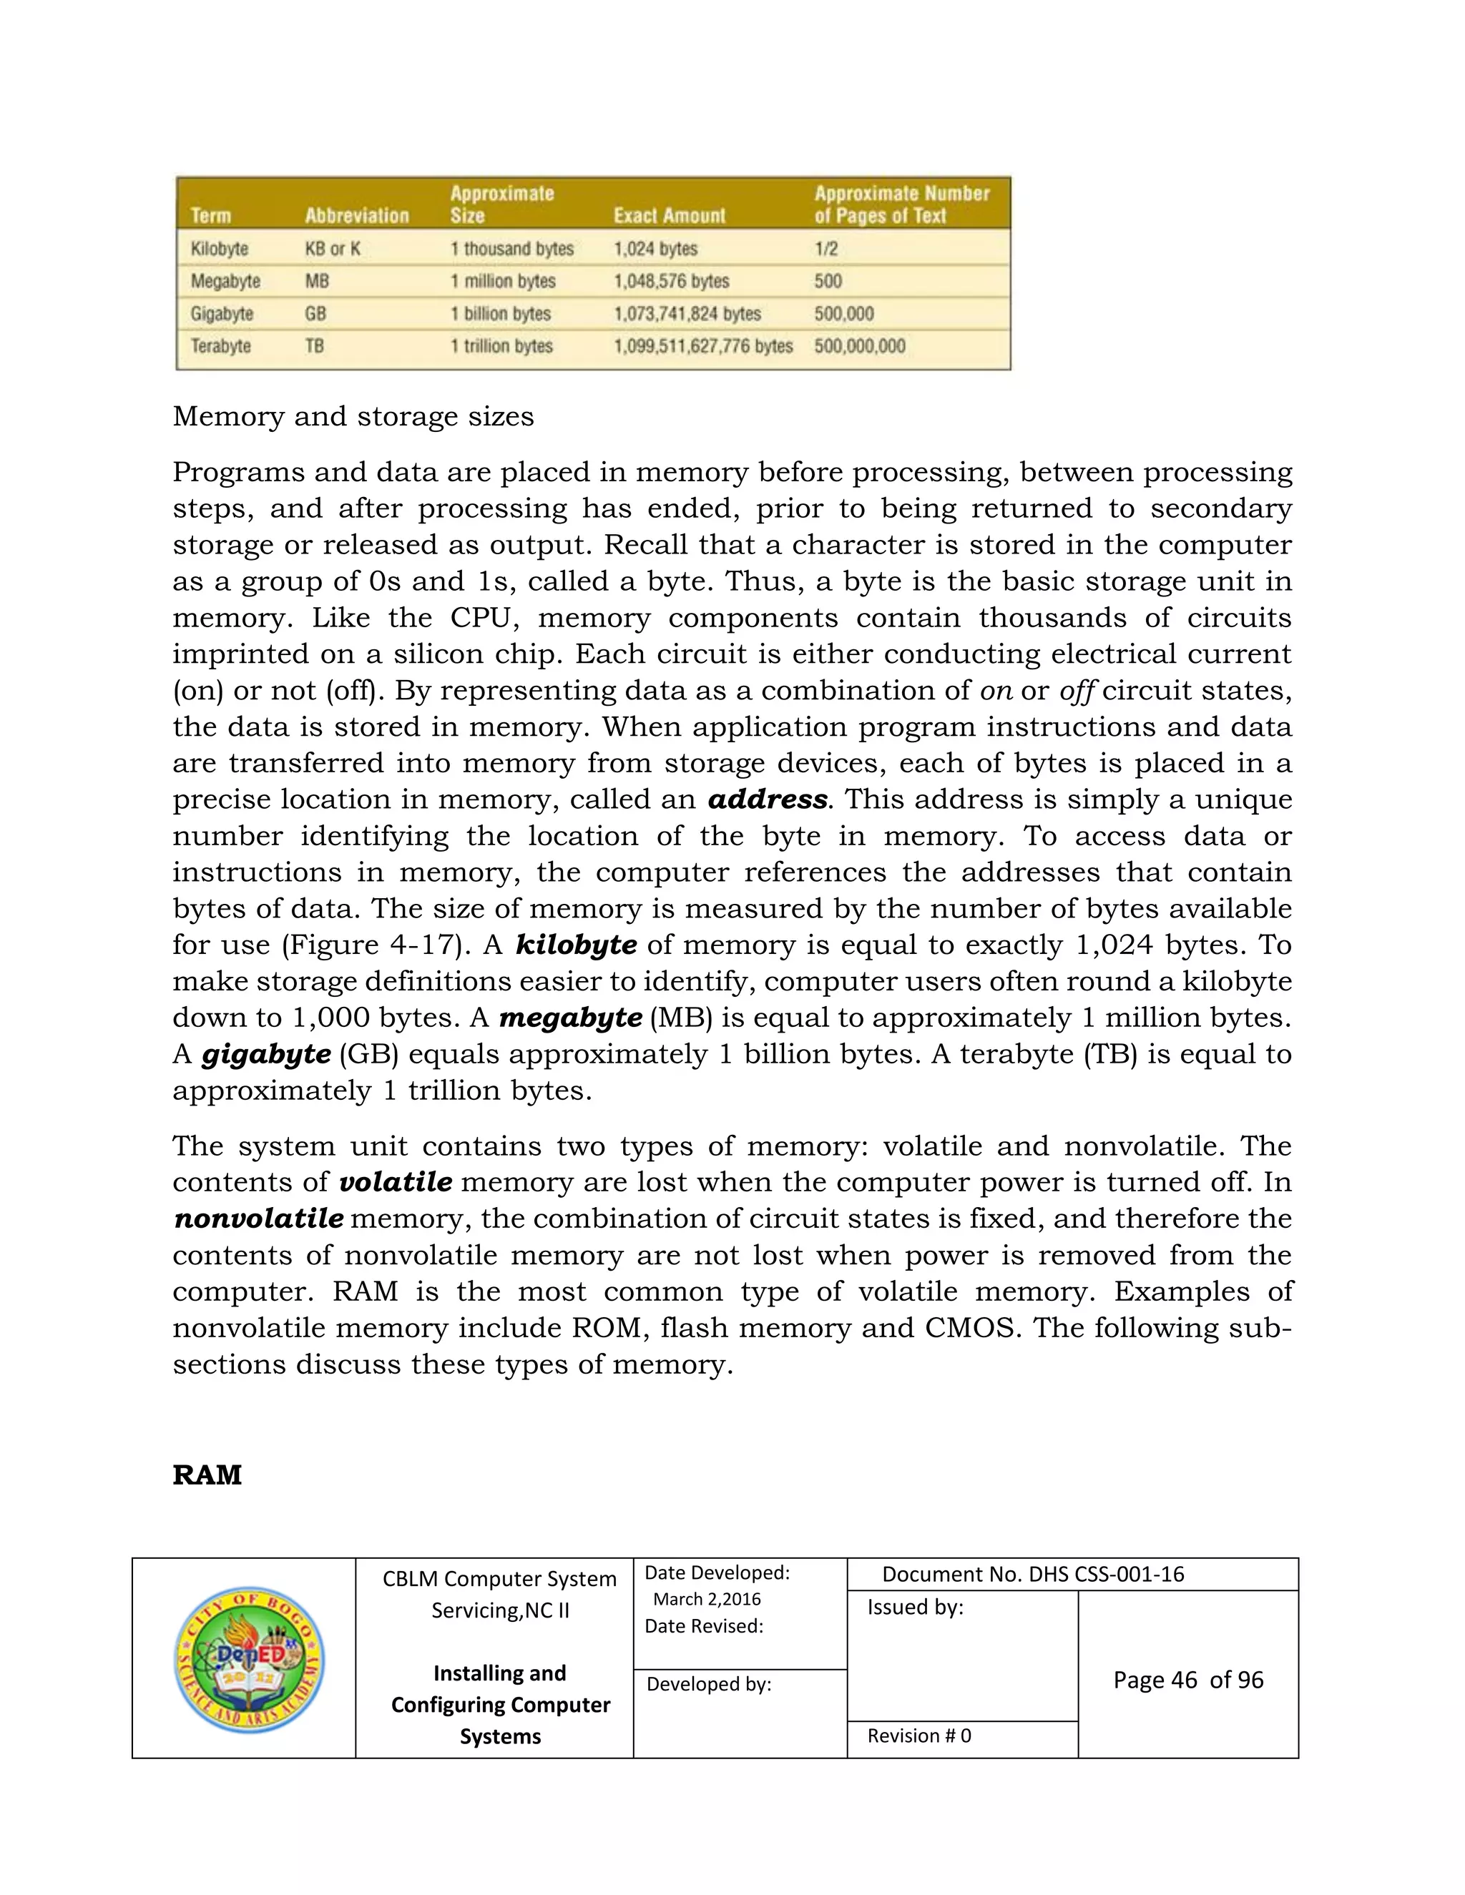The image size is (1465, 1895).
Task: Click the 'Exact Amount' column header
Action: tap(669, 215)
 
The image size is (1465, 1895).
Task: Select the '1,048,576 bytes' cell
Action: tap(671, 281)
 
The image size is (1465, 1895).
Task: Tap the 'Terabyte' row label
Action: tap(220, 346)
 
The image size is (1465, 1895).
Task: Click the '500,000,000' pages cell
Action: tap(859, 346)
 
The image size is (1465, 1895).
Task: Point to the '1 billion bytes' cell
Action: tap(500, 314)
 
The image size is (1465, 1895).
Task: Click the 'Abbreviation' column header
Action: tap(357, 215)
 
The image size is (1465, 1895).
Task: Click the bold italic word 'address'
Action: tap(768, 799)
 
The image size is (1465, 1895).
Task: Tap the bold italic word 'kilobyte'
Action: tap(577, 945)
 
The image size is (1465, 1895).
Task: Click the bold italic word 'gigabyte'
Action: tap(265, 1054)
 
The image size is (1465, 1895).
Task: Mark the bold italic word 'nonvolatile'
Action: tap(259, 1219)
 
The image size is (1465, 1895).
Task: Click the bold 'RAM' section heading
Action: tap(207, 1475)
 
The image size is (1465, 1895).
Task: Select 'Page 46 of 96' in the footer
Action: tap(1188, 1680)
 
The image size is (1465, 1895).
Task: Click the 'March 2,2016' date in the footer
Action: tap(707, 1599)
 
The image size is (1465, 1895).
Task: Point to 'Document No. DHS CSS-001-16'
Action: tap(1033, 1574)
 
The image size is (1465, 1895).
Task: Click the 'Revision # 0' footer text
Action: tap(919, 1736)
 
